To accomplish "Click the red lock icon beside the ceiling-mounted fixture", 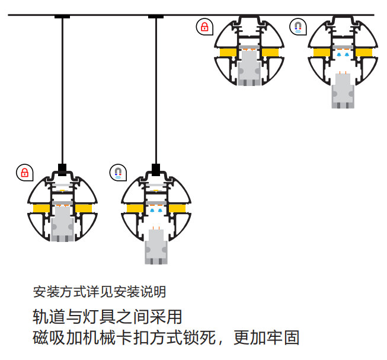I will point(204,27).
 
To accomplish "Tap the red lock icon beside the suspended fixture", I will point(25,173).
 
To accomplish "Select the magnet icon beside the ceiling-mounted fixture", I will point(299,27).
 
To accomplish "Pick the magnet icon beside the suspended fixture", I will point(119,173).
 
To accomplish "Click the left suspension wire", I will point(62,89).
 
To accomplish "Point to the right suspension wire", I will point(156,89).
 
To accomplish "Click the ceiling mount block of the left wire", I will point(62,17).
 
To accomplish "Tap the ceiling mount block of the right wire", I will point(156,17).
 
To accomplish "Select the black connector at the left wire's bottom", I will point(62,167).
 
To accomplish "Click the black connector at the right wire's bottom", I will point(156,168).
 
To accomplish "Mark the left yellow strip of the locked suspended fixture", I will point(41,208).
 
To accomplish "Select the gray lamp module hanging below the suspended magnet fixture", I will point(155,246).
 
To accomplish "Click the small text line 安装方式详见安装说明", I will point(99,292).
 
